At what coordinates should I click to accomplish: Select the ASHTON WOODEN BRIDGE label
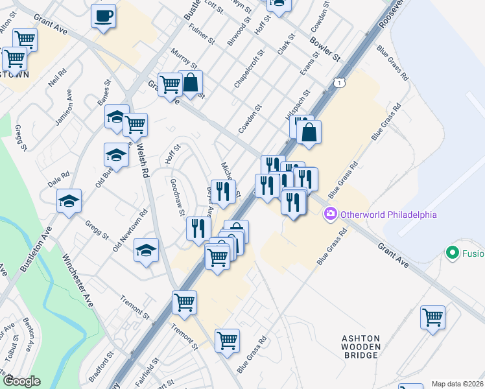click(361, 347)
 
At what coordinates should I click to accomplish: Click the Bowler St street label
click(325, 48)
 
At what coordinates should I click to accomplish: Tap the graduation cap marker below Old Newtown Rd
click(147, 250)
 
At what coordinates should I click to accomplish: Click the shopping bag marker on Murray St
click(191, 83)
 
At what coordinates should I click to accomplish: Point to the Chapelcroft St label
click(249, 71)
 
